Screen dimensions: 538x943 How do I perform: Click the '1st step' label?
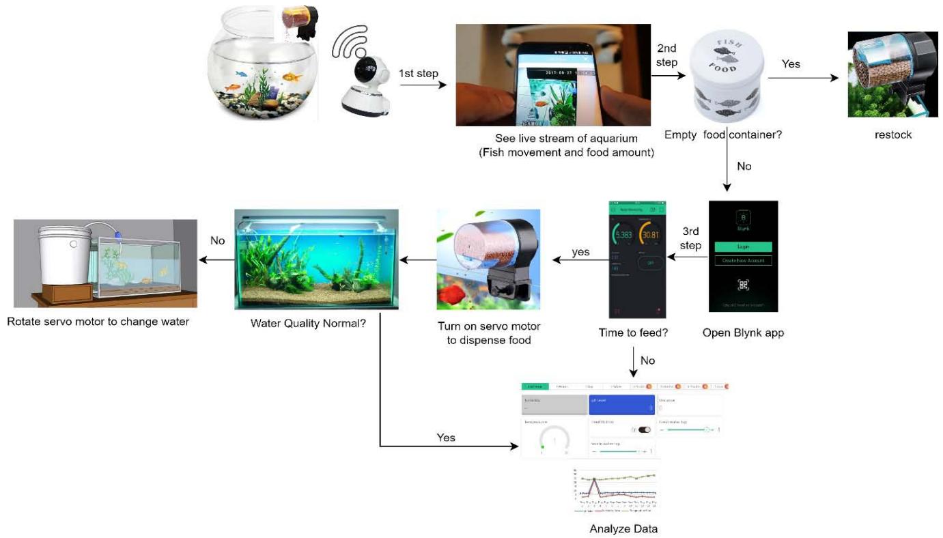(418, 73)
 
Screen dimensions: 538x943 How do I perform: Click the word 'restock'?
(892, 134)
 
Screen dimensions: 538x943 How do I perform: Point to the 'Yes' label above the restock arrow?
(791, 64)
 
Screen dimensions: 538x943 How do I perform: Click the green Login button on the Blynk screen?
(743, 246)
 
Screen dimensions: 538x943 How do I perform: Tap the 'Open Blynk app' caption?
(743, 333)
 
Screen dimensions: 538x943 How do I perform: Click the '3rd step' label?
(690, 238)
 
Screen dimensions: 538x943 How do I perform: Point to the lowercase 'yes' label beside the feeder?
(580, 252)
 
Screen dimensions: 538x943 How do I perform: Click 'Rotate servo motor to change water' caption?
(98, 321)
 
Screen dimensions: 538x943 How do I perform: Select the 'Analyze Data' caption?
(623, 528)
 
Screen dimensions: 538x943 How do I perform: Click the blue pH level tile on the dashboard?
(621, 404)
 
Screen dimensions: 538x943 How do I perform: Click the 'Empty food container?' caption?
(723, 134)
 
